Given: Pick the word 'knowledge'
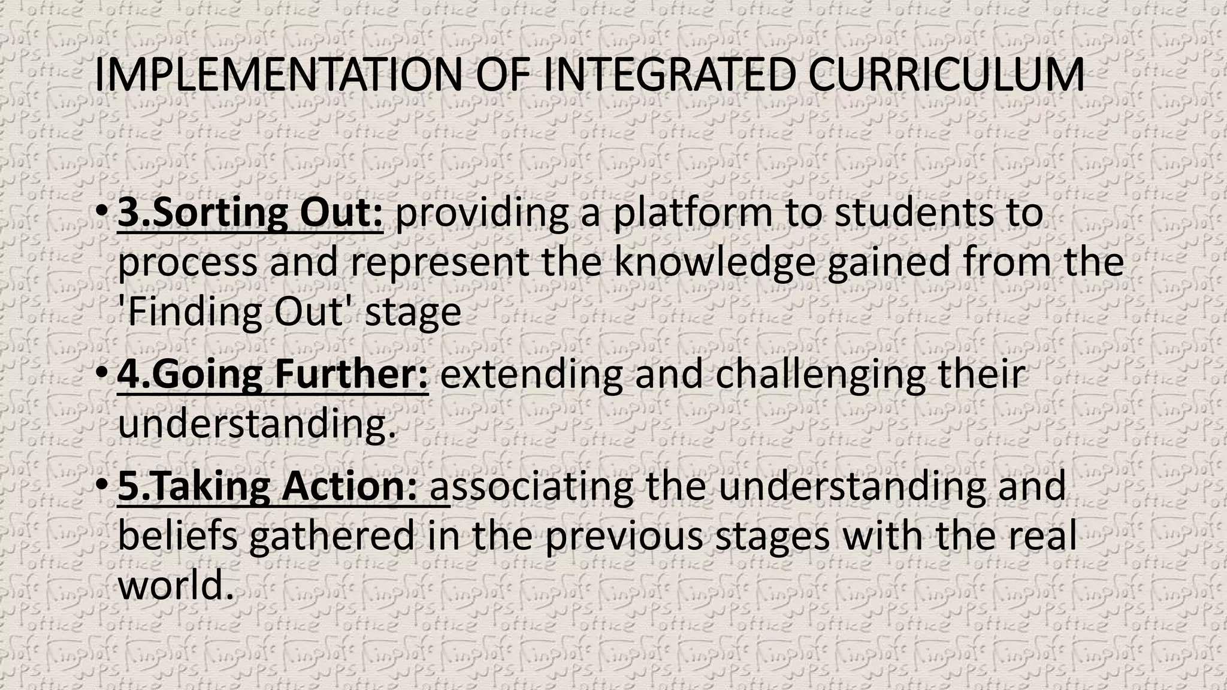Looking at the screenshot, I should [714, 263].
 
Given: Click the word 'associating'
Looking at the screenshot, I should [532, 486].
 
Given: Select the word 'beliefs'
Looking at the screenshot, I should [178, 535].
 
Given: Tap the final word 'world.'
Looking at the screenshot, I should [175, 585].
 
